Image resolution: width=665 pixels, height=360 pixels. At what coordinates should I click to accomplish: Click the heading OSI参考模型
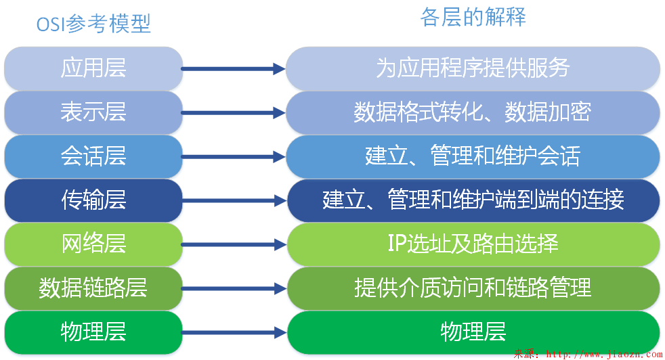pos(93,24)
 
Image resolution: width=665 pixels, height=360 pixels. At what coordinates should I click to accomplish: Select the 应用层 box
pos(93,68)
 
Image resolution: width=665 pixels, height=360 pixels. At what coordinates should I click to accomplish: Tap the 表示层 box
pos(93,112)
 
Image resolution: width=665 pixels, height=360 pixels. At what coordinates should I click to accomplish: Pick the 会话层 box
pos(93,156)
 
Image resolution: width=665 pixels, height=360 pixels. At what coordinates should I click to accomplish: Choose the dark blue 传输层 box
pos(93,200)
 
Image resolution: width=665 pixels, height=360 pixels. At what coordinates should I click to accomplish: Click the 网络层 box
pos(93,244)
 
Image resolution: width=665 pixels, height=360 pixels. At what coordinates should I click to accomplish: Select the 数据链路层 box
pos(93,288)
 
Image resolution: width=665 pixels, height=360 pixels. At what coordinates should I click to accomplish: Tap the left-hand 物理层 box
pos(93,332)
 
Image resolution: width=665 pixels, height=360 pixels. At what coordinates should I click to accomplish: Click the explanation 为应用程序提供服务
pos(473,68)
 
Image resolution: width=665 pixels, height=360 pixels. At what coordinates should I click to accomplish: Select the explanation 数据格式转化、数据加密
pos(473,112)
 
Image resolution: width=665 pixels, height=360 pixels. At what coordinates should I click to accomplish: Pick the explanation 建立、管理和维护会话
pos(473,156)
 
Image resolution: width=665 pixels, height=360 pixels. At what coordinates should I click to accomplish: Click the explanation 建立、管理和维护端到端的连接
pos(473,200)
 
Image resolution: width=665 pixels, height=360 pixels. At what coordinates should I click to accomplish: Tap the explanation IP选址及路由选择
pos(473,244)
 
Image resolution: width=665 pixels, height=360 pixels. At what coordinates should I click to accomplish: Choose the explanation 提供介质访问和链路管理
pos(473,288)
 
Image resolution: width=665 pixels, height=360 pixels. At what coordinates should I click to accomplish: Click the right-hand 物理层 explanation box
pos(473,332)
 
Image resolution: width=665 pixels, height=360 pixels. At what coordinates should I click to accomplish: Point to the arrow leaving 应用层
pos(234,68)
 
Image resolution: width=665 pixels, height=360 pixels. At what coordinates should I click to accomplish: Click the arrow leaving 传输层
pos(234,200)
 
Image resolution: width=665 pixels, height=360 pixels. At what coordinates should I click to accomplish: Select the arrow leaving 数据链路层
pos(234,288)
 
